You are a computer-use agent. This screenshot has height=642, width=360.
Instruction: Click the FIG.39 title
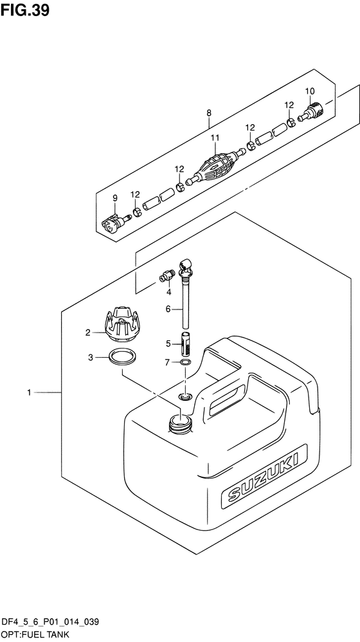[x=24, y=10]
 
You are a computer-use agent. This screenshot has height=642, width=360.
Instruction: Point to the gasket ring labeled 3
[x=123, y=357]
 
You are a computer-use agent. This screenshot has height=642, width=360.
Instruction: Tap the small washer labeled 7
[x=185, y=362]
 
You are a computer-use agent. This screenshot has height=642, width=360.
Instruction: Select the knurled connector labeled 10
[x=311, y=111]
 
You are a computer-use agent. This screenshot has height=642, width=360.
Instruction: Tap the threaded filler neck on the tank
[x=179, y=423]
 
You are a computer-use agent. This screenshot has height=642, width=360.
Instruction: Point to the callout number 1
[x=29, y=392]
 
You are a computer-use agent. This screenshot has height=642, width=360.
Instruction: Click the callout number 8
[x=209, y=113]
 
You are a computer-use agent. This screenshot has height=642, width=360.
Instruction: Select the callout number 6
[x=168, y=309]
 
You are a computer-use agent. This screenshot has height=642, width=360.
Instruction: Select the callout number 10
[x=310, y=91]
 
